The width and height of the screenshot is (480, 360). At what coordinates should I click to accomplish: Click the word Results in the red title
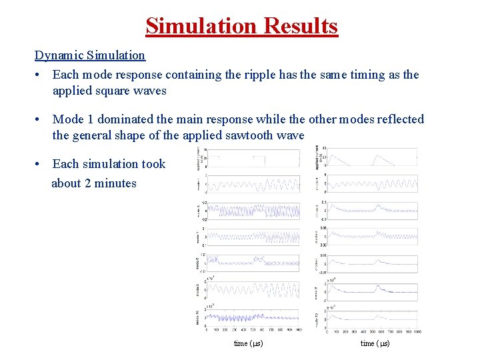click(301, 26)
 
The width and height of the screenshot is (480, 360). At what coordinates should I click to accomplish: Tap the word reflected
click(396, 119)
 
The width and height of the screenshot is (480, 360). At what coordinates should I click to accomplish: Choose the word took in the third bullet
click(153, 164)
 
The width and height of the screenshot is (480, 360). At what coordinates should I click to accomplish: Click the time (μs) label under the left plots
click(248, 343)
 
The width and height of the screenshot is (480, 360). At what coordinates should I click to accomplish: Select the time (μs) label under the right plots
click(375, 343)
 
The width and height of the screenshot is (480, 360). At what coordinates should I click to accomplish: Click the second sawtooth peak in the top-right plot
click(377, 155)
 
